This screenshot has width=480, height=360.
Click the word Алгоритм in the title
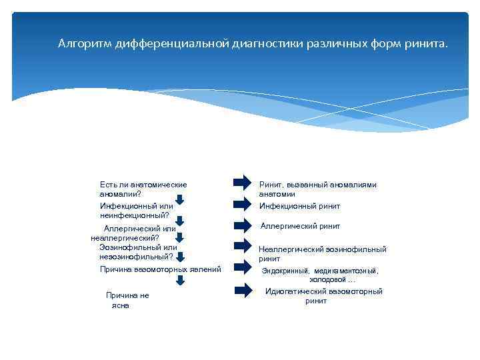pos(85,44)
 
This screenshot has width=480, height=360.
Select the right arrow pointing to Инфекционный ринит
pos(242,205)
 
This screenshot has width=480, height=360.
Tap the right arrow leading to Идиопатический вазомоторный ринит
pos(242,291)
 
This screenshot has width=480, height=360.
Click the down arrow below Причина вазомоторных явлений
pos(179,280)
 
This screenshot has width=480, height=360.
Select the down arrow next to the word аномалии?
pos(179,199)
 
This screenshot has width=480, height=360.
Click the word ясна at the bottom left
pos(121,305)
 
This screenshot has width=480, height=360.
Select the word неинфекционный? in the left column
pos(135,215)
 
